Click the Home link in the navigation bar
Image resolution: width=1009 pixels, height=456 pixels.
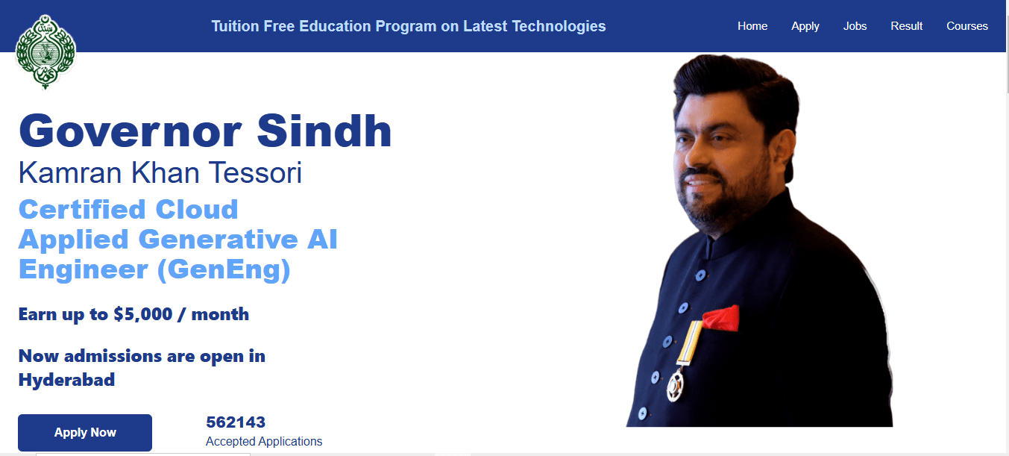(752, 26)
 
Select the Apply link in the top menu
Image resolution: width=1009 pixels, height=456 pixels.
(805, 27)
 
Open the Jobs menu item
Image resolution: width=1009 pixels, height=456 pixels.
(855, 26)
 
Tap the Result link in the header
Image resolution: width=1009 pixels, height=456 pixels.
(906, 26)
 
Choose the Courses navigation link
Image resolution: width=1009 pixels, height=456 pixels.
(967, 26)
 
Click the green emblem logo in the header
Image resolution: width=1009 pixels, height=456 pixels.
(45, 51)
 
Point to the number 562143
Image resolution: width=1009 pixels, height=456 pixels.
(236, 422)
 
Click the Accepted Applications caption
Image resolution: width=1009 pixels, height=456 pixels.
(264, 442)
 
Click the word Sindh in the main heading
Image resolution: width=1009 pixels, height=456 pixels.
(324, 131)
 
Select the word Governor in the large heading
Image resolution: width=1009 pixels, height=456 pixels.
(131, 131)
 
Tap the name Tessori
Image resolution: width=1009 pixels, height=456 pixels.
(255, 173)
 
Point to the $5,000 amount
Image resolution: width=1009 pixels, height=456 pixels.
(142, 314)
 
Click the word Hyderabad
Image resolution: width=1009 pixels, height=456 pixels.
(66, 381)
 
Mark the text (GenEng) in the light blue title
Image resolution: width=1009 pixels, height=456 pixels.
(224, 270)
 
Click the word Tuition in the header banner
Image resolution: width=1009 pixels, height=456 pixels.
(234, 26)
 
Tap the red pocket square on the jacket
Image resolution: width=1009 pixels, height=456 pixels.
(721, 318)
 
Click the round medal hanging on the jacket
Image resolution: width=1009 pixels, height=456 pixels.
(675, 386)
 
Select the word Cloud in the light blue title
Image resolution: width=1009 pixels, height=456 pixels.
(196, 210)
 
